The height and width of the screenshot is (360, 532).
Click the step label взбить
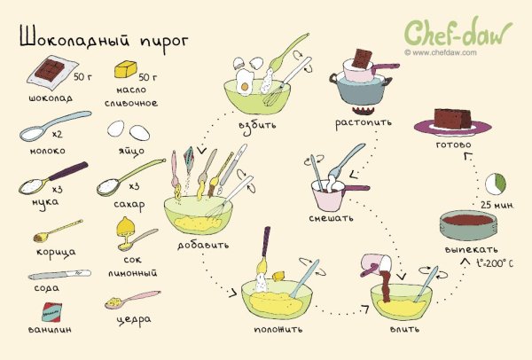[257, 124]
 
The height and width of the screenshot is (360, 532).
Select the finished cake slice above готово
[458, 119]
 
